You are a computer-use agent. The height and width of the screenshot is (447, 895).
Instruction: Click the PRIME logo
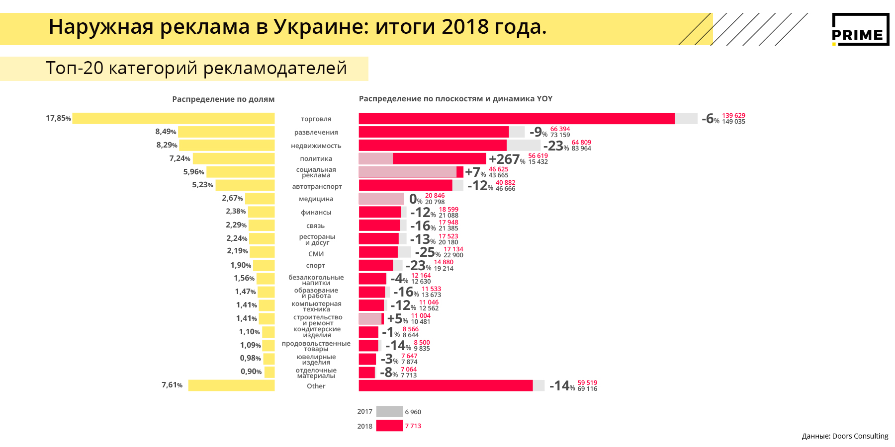(x=860, y=29)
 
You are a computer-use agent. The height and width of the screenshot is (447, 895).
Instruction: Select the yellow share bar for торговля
(x=174, y=118)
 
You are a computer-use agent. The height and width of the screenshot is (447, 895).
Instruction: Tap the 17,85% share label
(x=58, y=118)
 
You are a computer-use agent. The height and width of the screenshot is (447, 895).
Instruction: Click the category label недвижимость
(x=316, y=146)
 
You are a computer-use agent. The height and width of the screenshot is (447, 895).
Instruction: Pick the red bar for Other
(x=446, y=385)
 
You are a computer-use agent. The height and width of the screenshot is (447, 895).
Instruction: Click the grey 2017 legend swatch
(x=389, y=412)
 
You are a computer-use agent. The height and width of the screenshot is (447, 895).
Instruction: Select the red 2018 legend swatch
(x=389, y=426)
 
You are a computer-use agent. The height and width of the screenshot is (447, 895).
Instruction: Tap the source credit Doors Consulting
(x=845, y=436)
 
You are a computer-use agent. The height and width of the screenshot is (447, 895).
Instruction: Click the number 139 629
(x=733, y=115)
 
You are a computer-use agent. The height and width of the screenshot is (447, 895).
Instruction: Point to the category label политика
(x=316, y=159)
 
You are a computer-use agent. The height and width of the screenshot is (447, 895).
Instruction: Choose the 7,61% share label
(x=172, y=385)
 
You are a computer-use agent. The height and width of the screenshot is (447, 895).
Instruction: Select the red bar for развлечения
(x=434, y=132)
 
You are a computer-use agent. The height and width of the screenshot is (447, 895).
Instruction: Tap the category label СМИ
(x=316, y=254)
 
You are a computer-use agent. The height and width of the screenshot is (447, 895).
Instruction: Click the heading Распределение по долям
(x=223, y=99)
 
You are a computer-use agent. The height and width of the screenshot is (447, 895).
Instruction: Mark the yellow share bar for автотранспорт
(x=245, y=185)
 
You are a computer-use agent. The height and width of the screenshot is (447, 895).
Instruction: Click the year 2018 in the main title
(x=465, y=27)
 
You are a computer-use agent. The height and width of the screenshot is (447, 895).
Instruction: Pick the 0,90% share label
(x=251, y=372)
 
